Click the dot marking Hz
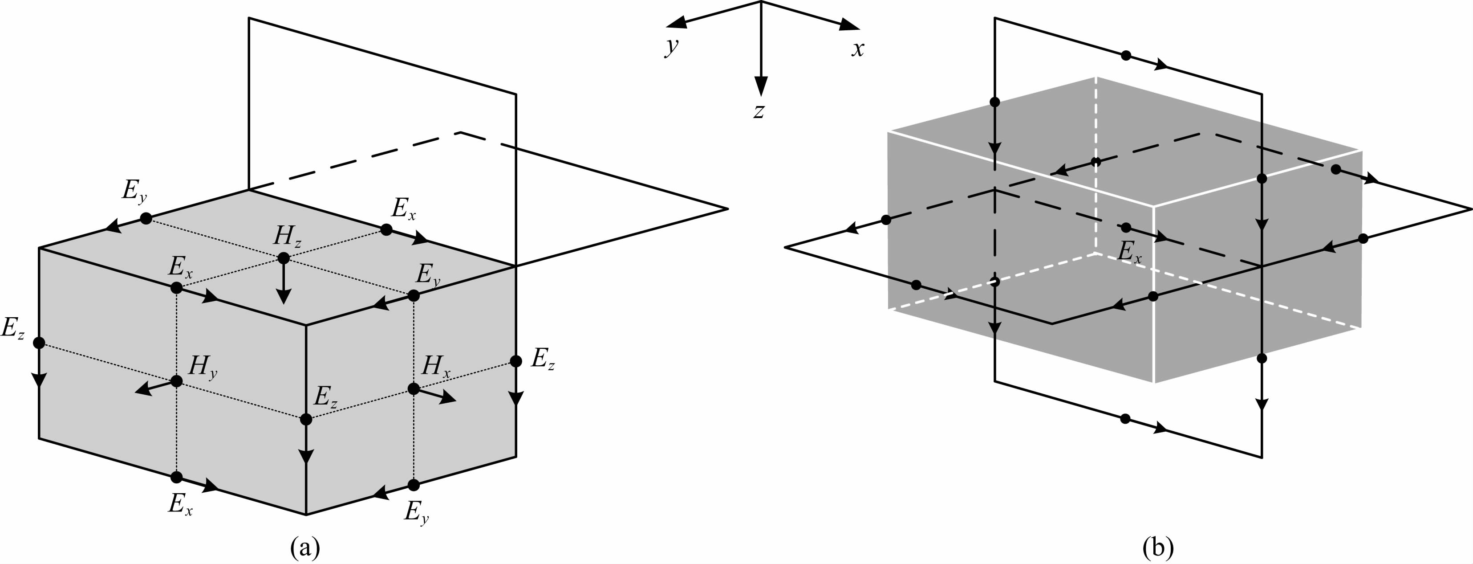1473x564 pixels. click(284, 258)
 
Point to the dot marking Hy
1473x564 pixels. click(177, 381)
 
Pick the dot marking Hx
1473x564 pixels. click(414, 389)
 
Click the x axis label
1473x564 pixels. click(857, 49)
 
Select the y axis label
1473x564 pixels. click(671, 46)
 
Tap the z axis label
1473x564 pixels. click(759, 110)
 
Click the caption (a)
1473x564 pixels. click(305, 548)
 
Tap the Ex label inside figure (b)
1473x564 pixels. click(1129, 252)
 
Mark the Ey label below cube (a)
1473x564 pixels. click(416, 511)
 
